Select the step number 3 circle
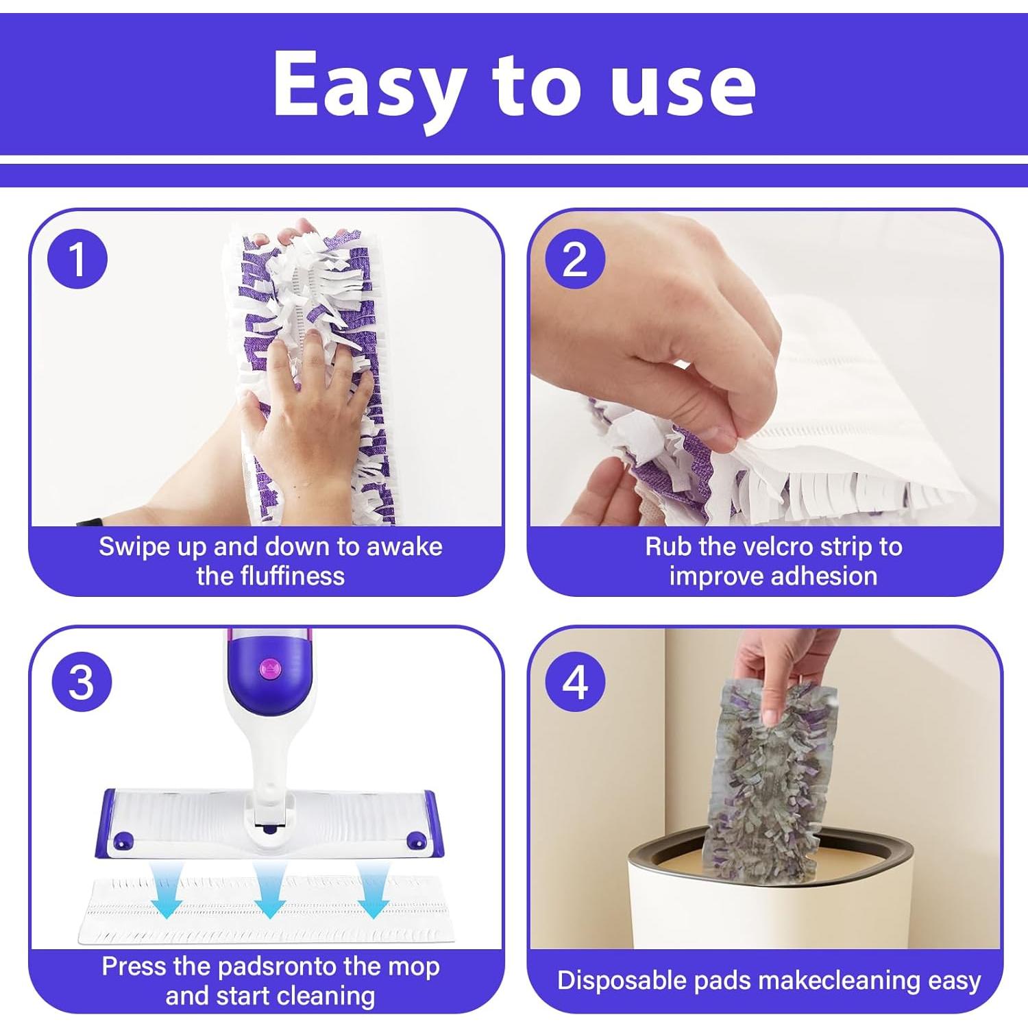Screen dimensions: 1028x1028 coord(82,682)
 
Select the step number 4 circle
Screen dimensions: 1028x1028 coord(574,682)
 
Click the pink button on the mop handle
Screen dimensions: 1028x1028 coord(269,668)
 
